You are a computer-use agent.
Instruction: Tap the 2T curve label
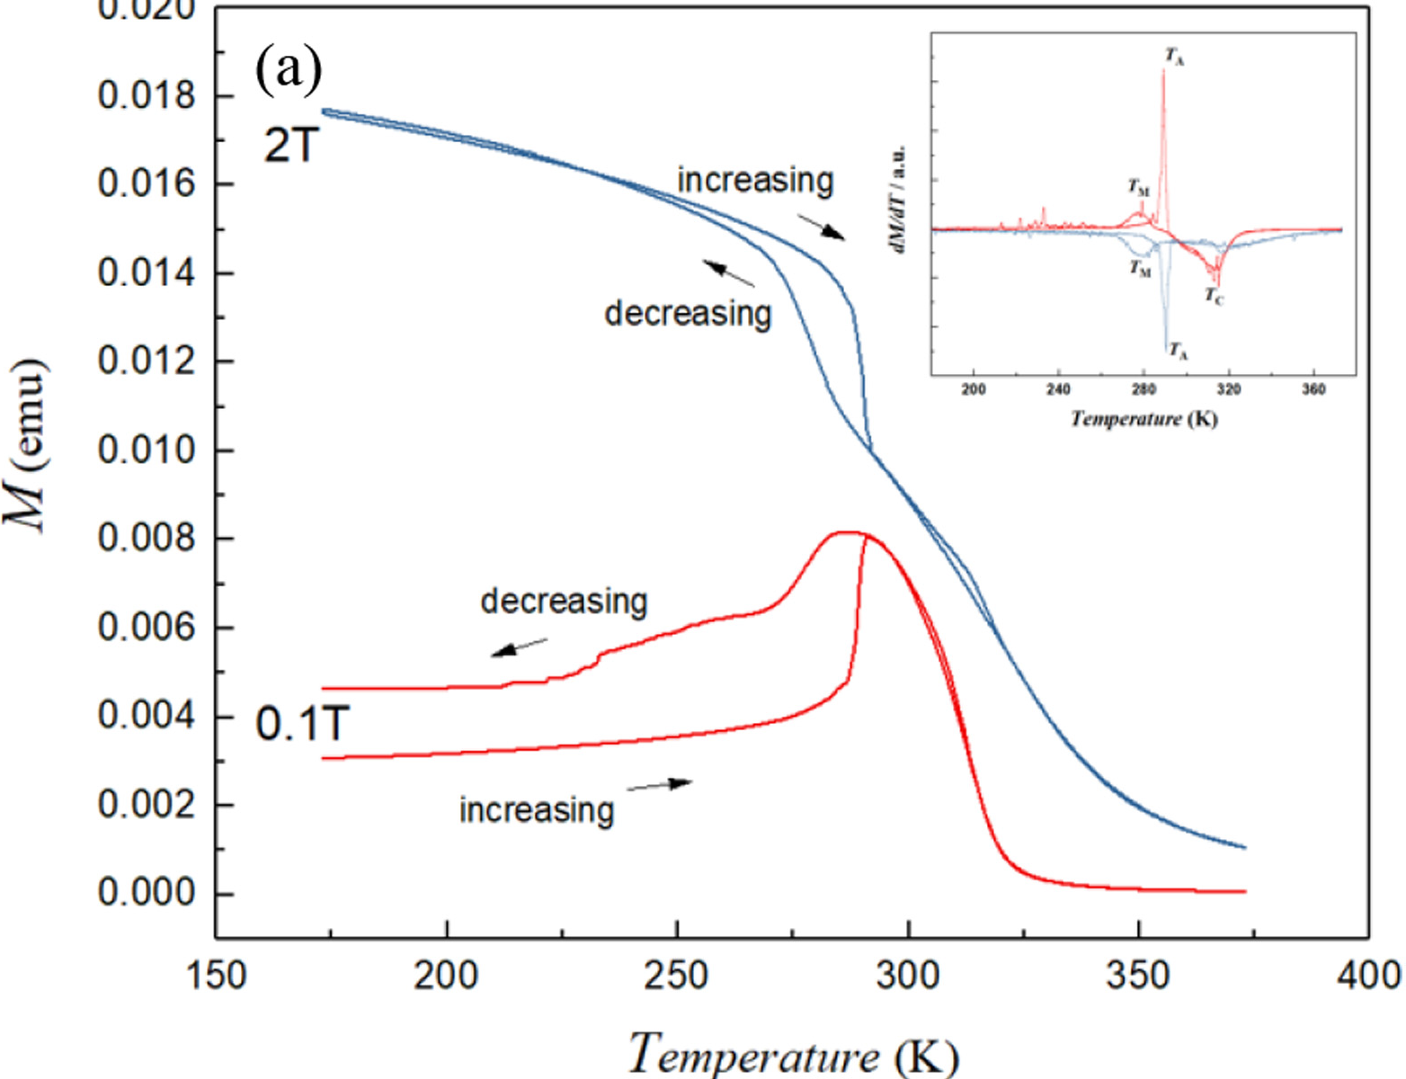pyautogui.click(x=291, y=144)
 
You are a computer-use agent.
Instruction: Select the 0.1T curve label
pyautogui.click(x=302, y=724)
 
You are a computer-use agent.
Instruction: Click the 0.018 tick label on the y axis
pyautogui.click(x=146, y=95)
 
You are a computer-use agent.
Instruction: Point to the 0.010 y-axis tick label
pyautogui.click(x=146, y=450)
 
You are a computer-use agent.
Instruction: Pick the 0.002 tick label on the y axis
pyautogui.click(x=146, y=804)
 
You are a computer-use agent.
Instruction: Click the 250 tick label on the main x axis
pyautogui.click(x=676, y=976)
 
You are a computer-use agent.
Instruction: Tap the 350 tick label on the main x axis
pyautogui.click(x=1138, y=976)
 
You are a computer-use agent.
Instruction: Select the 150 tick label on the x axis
pyautogui.click(x=216, y=976)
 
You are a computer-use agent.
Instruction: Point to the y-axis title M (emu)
pyautogui.click(x=27, y=445)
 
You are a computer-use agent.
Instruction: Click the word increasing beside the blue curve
pyautogui.click(x=755, y=181)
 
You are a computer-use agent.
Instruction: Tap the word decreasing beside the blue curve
pyautogui.click(x=688, y=314)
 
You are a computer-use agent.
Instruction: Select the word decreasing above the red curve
pyautogui.click(x=564, y=602)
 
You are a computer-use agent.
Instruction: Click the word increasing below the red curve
pyautogui.click(x=537, y=810)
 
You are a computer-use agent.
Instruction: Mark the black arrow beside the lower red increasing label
pyautogui.click(x=660, y=785)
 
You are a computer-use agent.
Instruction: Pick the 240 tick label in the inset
pyautogui.click(x=1058, y=389)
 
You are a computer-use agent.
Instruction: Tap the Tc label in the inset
pyautogui.click(x=1214, y=296)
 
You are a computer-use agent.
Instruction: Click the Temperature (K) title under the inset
pyautogui.click(x=1143, y=419)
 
